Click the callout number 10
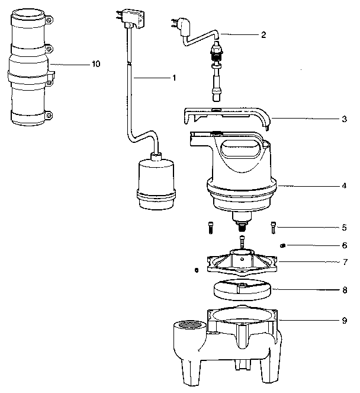click(95, 64)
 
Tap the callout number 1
click(175, 78)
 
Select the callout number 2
click(263, 34)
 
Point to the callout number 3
click(343, 119)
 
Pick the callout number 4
click(343, 186)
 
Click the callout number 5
click(343, 226)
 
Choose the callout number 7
click(343, 261)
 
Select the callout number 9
click(343, 321)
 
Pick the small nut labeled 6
click(283, 245)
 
